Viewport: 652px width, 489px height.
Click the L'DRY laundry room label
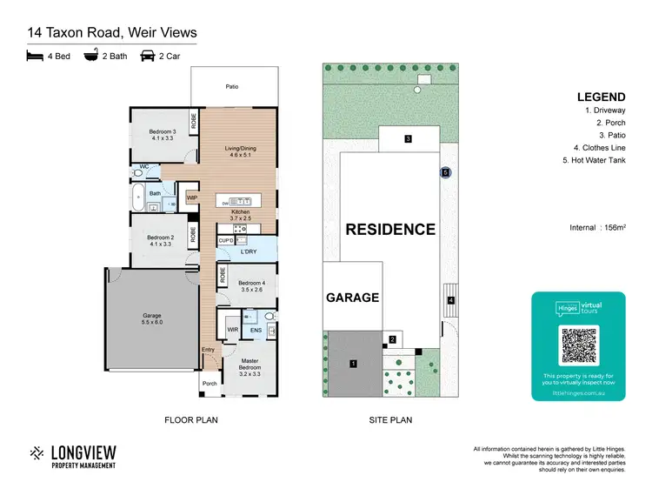point(250,252)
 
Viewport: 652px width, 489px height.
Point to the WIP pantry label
point(191,198)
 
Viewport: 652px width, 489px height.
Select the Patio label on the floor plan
point(232,87)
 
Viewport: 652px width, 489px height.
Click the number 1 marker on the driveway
point(354,362)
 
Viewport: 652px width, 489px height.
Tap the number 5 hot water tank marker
point(445,173)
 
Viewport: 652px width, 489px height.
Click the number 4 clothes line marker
point(451,301)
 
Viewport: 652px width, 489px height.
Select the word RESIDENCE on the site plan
point(390,230)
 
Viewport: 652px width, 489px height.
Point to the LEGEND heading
point(598,97)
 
